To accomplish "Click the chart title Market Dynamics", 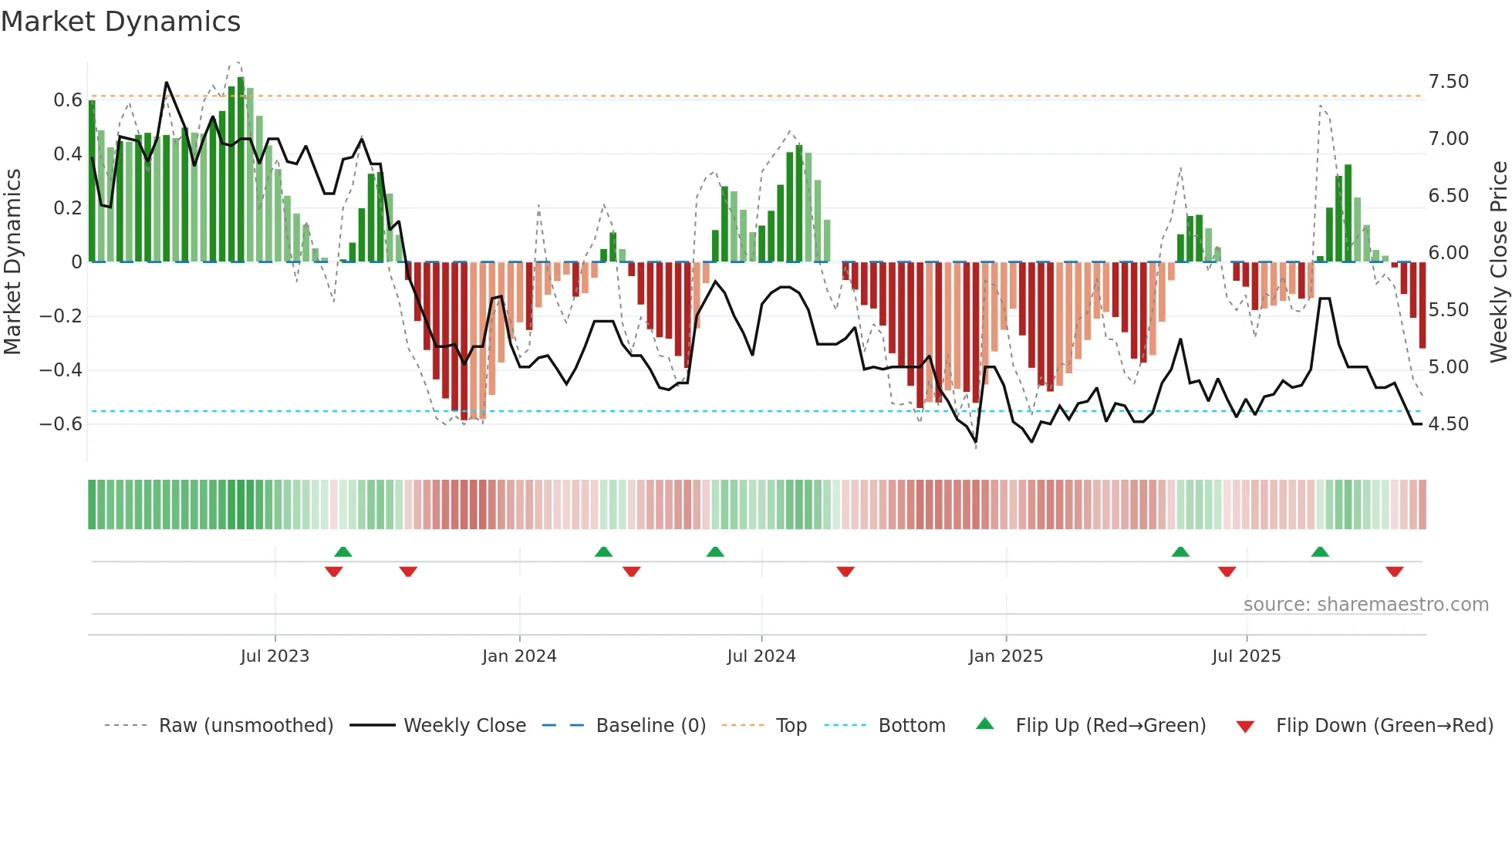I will click(x=120, y=22).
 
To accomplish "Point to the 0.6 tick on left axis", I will click(x=68, y=100).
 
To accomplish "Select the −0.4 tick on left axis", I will click(x=61, y=370).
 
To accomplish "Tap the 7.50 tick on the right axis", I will click(x=1448, y=82).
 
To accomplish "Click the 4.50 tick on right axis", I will click(x=1448, y=424).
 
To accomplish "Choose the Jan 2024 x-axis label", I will click(x=519, y=656).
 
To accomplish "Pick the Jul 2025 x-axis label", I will click(x=1246, y=656).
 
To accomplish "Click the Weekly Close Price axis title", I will click(x=1498, y=262).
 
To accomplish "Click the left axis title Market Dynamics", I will click(x=12, y=262).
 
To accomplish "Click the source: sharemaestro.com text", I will click(x=1365, y=605).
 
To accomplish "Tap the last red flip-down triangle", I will click(x=1394, y=572).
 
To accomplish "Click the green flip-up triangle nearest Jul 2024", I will click(x=715, y=551).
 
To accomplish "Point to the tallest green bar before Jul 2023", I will click(x=241, y=170).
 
